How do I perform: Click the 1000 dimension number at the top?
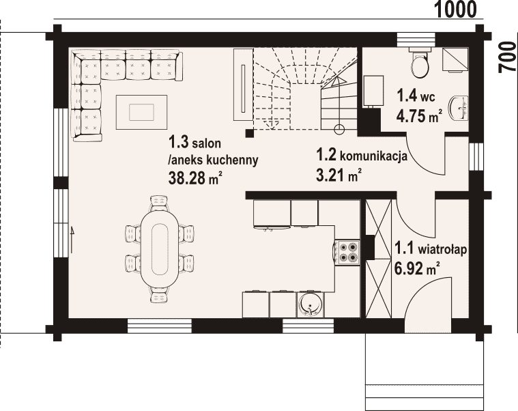tap(455, 10)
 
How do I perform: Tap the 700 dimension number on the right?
tap(508, 57)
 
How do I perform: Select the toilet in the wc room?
tap(420, 62)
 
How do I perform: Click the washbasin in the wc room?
tap(459, 108)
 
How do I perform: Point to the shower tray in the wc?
tap(456, 60)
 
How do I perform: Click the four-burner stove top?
tap(347, 252)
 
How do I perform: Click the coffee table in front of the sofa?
tap(141, 112)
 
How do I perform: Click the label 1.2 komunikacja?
tap(362, 155)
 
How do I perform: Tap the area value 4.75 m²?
tap(419, 116)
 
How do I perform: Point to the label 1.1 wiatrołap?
tap(431, 249)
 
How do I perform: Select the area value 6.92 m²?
tap(417, 269)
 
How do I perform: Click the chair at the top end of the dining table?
tap(159, 203)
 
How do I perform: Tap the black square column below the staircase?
tap(250, 133)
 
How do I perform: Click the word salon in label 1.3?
tap(207, 143)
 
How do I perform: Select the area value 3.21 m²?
tap(338, 175)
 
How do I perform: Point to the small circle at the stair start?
tap(339, 129)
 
